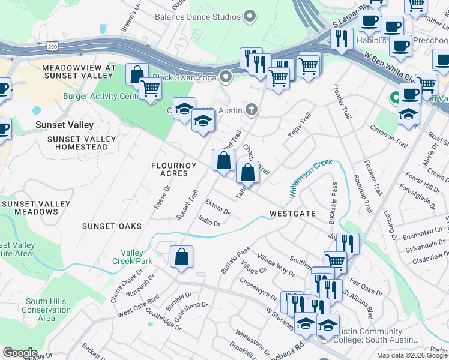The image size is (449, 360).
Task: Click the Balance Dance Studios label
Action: click(x=197, y=17)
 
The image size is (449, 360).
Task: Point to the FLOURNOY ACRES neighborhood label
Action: click(x=170, y=169)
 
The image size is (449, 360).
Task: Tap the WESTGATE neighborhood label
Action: click(x=292, y=214)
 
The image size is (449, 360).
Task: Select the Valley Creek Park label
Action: click(x=132, y=257)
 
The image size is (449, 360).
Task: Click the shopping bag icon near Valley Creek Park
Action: click(x=181, y=257)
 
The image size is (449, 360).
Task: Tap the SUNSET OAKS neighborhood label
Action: click(x=112, y=226)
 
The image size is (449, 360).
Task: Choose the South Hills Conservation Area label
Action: click(x=46, y=310)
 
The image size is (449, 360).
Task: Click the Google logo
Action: click(x=20, y=353)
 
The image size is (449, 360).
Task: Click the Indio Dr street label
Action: click(x=209, y=221)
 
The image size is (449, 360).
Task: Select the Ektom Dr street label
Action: click(x=217, y=208)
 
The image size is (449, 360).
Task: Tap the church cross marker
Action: click(x=252, y=110)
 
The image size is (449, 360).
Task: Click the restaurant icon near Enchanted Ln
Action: click(x=348, y=244)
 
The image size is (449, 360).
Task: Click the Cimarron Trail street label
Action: click(x=389, y=137)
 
